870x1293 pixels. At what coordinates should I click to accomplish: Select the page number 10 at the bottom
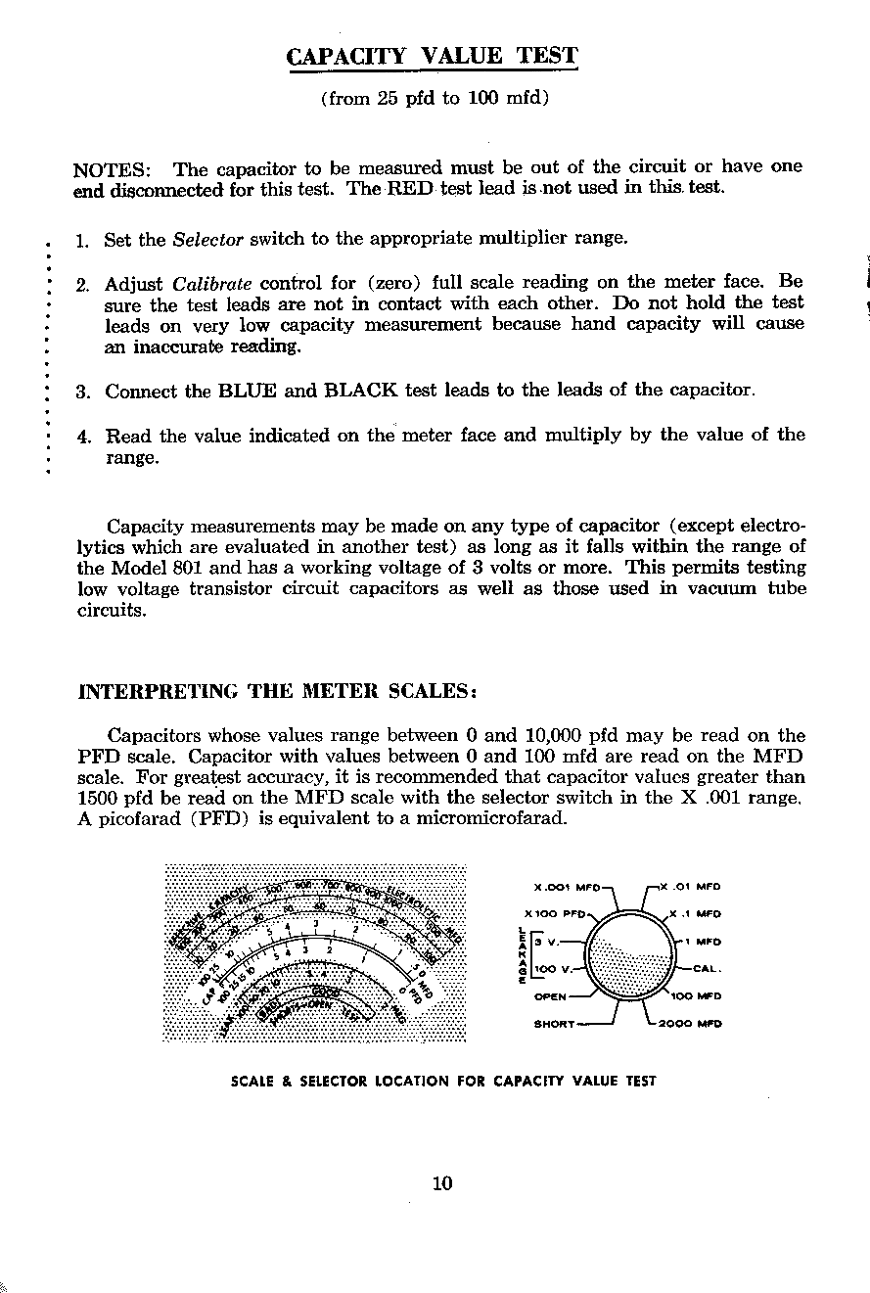click(441, 1182)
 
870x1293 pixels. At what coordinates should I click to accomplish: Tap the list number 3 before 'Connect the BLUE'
click(83, 393)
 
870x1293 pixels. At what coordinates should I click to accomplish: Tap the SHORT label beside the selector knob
click(555, 1025)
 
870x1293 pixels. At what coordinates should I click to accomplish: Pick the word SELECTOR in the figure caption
click(332, 1082)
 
